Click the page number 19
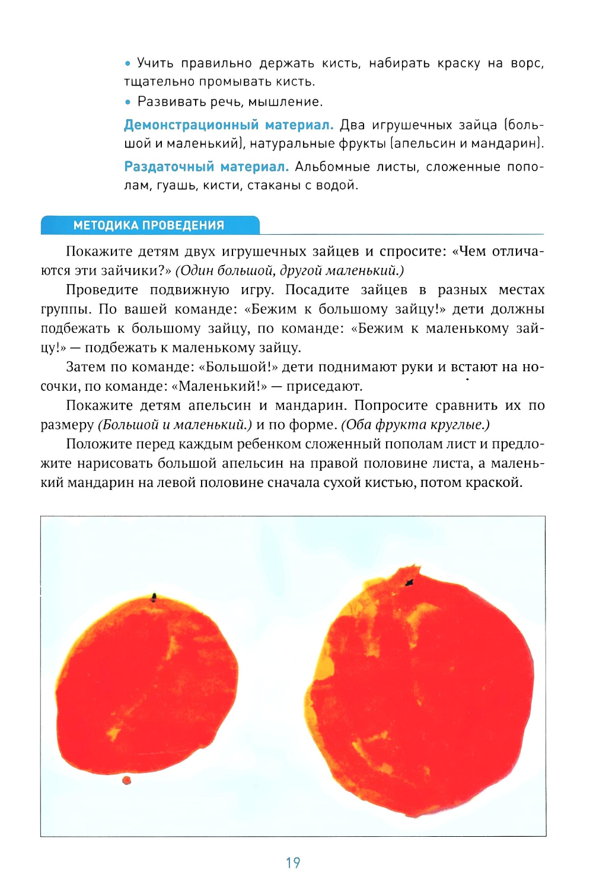coord(293,862)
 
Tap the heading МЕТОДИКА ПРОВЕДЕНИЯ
coord(149,225)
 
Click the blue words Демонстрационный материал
coord(228,125)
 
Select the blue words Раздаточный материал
coord(206,167)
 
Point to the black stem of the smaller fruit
coord(154,597)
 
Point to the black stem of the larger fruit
coord(409,583)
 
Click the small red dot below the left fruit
coord(126,780)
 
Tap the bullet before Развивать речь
coord(127,102)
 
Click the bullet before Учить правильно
coord(127,63)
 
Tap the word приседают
coord(324,386)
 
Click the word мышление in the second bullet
coord(285,102)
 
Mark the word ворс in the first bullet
coord(527,63)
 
